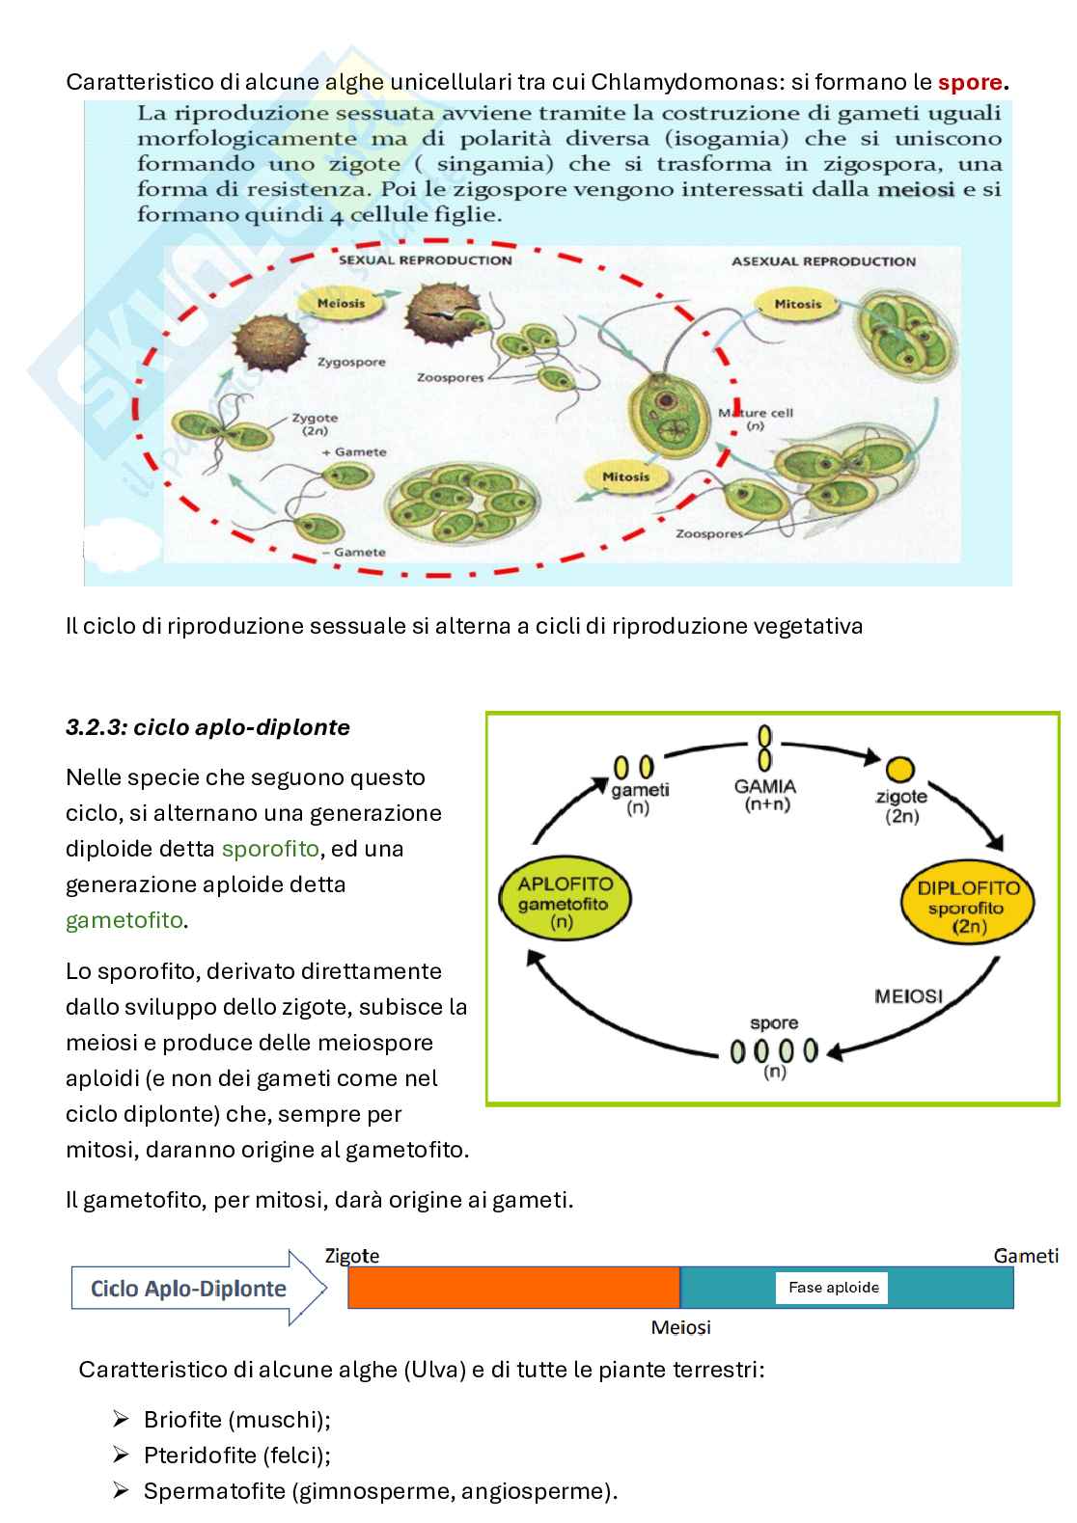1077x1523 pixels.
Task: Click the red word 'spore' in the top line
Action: pos(970,83)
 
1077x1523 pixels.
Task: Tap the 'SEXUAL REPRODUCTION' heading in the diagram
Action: pos(426,260)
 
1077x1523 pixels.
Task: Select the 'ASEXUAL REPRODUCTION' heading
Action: pos(823,261)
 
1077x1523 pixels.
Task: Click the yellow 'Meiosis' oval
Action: pos(342,303)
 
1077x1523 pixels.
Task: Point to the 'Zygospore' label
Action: pos(351,363)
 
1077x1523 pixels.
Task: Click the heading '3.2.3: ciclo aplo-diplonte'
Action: pos(207,728)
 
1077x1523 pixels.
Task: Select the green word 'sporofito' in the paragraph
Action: pos(269,849)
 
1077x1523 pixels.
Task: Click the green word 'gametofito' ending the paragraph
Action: pos(124,920)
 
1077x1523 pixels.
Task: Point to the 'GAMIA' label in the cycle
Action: pos(764,786)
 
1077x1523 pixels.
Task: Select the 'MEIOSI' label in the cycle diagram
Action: pos(908,995)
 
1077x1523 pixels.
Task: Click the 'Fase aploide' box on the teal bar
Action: pos(833,1288)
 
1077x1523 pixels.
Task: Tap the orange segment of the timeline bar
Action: pos(513,1288)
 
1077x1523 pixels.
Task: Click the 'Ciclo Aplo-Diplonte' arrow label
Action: pos(189,1289)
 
